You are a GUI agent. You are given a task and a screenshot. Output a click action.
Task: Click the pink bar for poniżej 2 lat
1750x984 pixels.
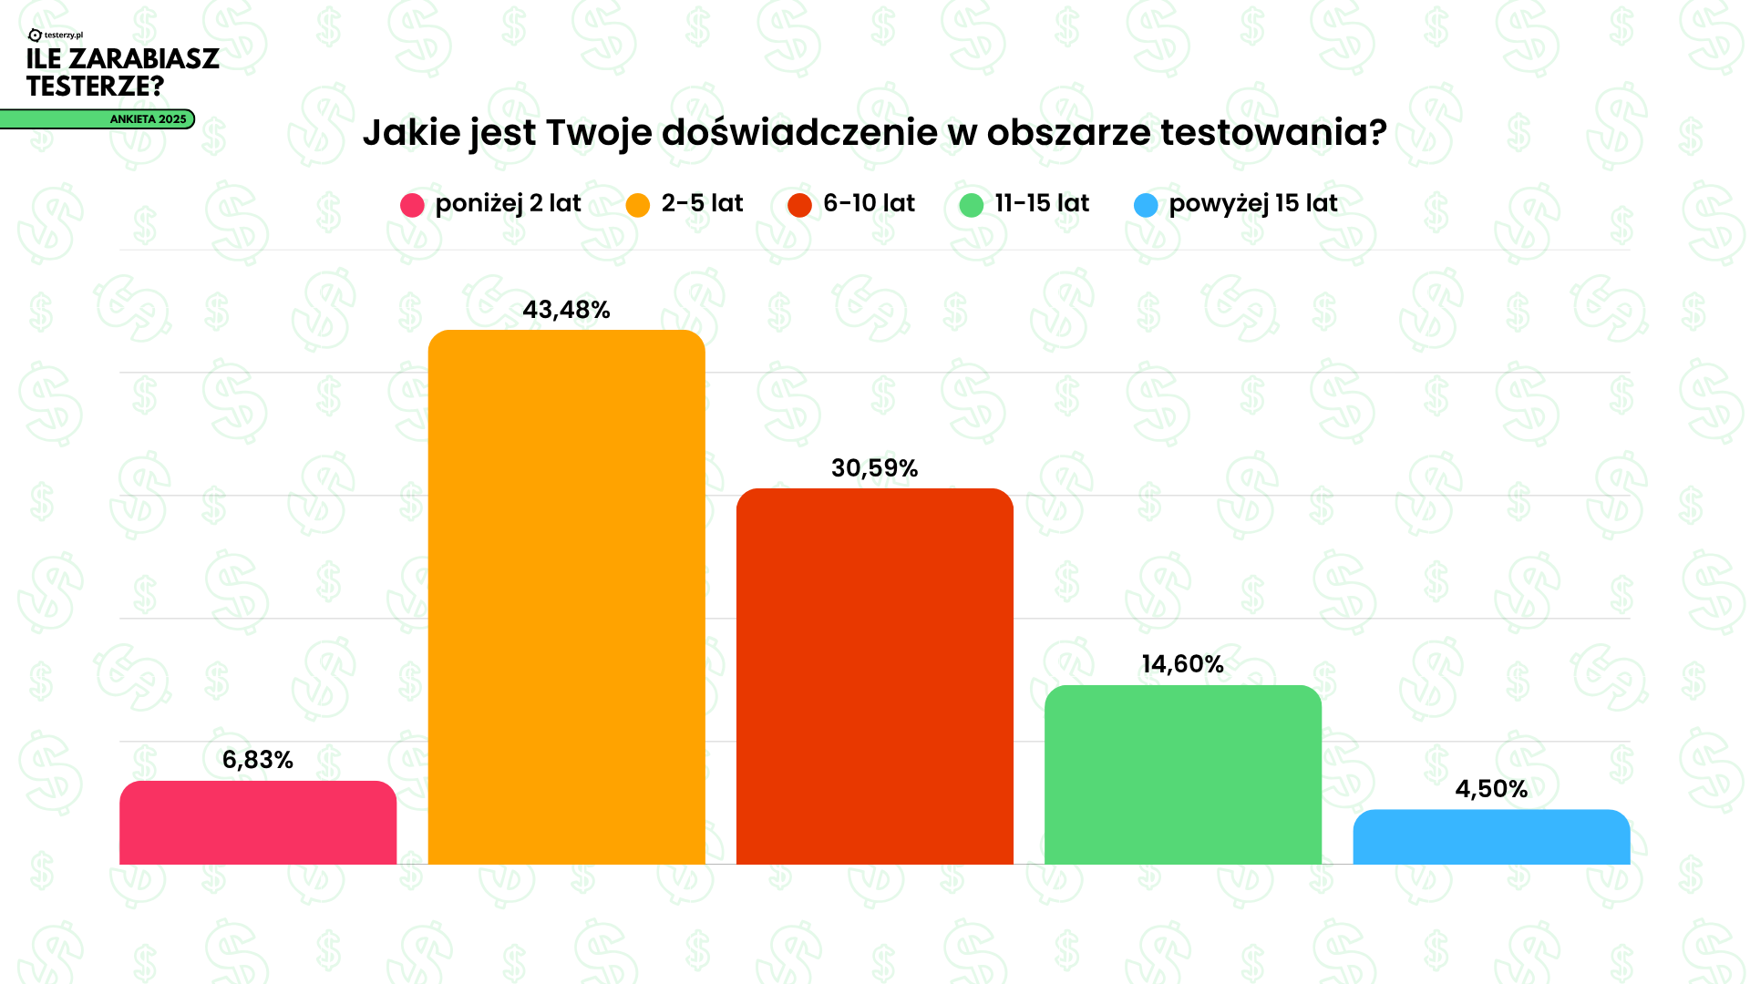[258, 823]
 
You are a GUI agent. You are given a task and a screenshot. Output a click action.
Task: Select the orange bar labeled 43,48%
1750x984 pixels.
[566, 597]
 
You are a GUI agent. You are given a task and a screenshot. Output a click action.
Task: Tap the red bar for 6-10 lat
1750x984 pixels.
[874, 676]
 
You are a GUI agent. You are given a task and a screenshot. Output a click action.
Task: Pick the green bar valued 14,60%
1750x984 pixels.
[1182, 774]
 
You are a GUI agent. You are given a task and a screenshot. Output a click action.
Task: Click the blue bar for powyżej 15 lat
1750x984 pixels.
[1491, 837]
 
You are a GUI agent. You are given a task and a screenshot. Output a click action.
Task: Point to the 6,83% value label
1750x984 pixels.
[258, 760]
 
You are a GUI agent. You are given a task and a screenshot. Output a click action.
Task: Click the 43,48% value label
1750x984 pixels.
[566, 310]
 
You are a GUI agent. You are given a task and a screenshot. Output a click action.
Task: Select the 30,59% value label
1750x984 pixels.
[874, 468]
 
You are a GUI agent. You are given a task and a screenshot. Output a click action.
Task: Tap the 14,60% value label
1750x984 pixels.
[1182, 664]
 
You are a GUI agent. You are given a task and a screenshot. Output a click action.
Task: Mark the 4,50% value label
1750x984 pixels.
[1491, 789]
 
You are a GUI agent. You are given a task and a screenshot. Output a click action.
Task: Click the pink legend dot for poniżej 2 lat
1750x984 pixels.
[412, 205]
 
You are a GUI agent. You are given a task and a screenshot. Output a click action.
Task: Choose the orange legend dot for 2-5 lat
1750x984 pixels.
[638, 205]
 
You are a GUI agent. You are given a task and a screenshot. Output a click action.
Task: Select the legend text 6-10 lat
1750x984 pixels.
[869, 203]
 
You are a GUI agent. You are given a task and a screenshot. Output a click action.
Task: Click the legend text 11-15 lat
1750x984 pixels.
[1042, 203]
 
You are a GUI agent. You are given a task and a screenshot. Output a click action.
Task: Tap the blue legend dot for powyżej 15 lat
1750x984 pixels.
[1146, 205]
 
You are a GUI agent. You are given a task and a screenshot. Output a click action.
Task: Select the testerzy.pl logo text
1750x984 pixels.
[63, 36]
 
